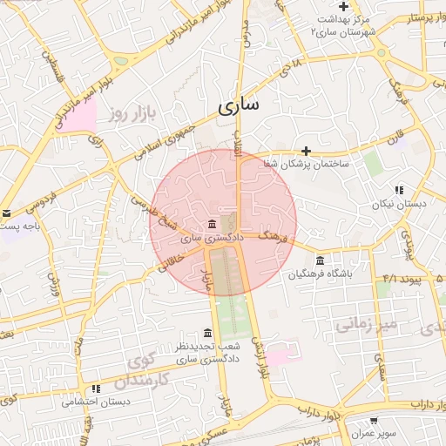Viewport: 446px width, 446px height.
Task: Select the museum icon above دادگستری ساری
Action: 213,224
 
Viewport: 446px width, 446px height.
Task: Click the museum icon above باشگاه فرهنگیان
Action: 321,261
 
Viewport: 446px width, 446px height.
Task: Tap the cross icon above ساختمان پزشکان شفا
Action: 306,151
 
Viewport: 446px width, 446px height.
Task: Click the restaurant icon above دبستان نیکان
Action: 399,190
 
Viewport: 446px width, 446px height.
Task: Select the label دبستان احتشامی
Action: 96,402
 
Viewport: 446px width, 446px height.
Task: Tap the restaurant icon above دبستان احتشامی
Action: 96,389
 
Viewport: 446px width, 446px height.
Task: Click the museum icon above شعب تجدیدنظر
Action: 206,334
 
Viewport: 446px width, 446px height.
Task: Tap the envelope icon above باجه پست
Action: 6,213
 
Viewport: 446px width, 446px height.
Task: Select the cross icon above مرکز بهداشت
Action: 344,6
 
